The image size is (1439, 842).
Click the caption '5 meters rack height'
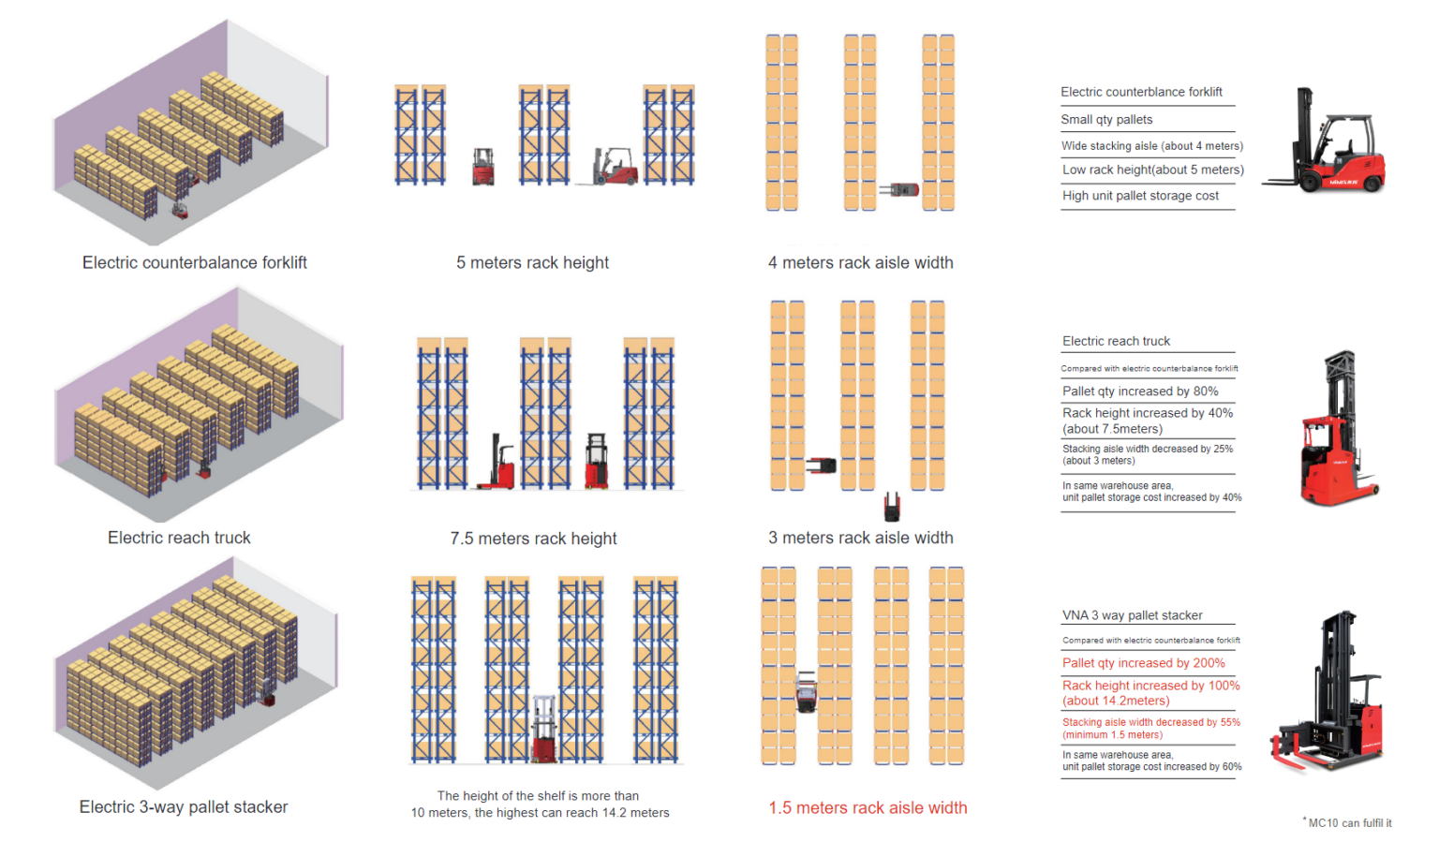(x=532, y=263)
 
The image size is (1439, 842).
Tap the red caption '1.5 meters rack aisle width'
(x=868, y=807)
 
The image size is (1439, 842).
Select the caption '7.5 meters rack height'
(x=533, y=539)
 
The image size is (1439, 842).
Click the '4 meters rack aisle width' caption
(x=860, y=263)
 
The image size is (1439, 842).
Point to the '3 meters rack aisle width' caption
(x=860, y=538)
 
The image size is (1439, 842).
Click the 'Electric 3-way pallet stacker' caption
(x=184, y=807)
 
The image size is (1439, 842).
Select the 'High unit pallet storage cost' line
(x=1140, y=196)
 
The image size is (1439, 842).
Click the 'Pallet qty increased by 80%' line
(x=1140, y=391)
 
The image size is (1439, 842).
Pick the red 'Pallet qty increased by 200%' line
(x=1143, y=663)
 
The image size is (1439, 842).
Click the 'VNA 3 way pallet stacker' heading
(x=1132, y=615)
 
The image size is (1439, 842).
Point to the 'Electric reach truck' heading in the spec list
(x=1116, y=341)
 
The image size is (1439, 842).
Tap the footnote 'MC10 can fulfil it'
(x=1349, y=823)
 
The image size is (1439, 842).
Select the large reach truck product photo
(x=1337, y=431)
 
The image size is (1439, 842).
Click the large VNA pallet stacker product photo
(x=1328, y=693)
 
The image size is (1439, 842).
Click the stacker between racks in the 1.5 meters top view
(x=806, y=691)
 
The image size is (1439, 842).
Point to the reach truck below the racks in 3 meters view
(x=892, y=507)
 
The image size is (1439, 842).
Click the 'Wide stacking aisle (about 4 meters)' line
(x=1151, y=146)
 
